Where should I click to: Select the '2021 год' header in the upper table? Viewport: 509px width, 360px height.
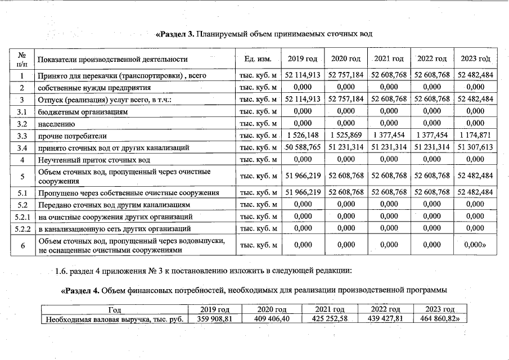pos(389,58)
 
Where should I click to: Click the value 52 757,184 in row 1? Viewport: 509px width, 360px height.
pos(346,75)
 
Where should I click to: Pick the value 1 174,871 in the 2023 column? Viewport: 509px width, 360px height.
pos(476,136)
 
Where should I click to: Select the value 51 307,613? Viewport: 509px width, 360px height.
pos(476,147)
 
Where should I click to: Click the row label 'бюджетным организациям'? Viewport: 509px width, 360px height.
pos(83,111)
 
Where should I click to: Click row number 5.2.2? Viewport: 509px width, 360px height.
pos(22,229)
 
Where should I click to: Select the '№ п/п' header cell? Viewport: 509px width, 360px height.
pos(22,58)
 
